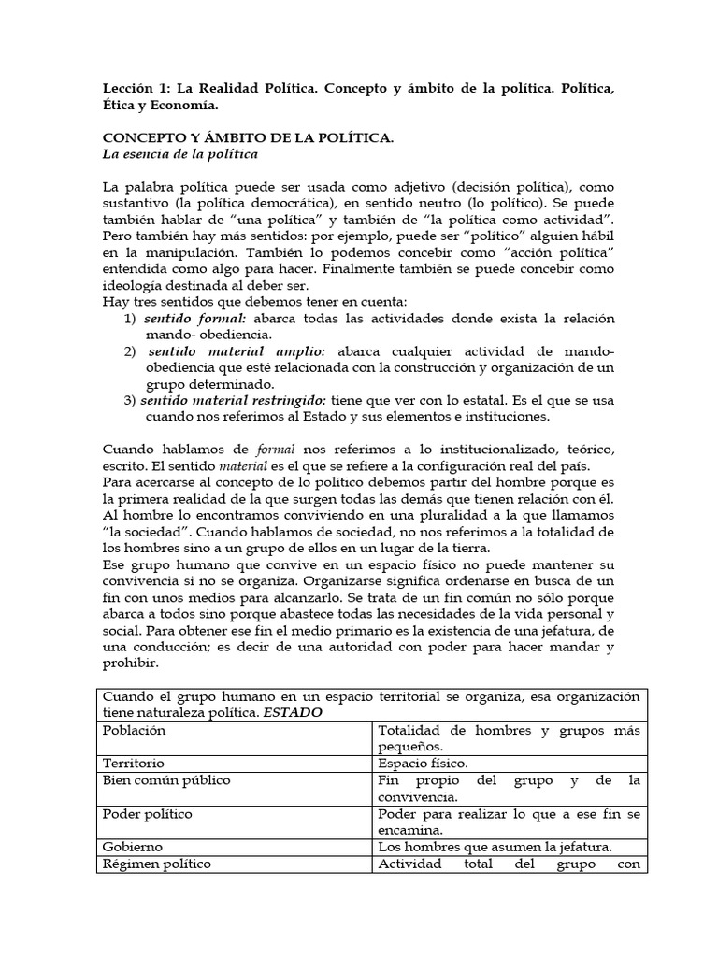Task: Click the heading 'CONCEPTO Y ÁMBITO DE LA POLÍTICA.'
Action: tap(248, 137)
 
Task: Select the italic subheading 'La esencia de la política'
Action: tap(179, 153)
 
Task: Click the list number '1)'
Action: tap(131, 319)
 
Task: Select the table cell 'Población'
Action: tap(134, 731)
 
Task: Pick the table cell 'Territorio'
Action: tap(133, 763)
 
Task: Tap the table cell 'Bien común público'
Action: tap(166, 779)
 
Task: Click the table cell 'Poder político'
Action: tap(148, 814)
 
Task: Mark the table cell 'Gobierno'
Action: tap(133, 847)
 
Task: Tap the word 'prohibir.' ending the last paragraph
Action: tap(131, 664)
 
